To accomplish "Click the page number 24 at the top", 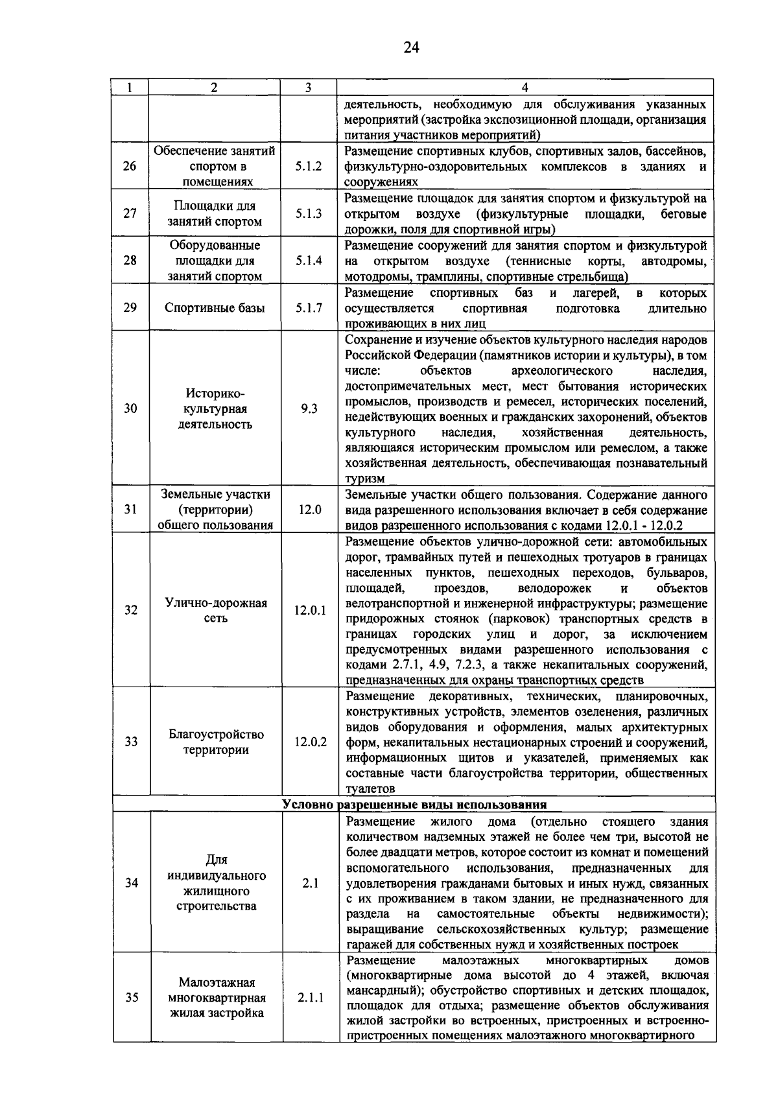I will coord(412,47).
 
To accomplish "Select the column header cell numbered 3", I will coord(308,88).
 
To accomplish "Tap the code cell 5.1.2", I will coord(309,167).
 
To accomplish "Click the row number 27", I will coord(130,213).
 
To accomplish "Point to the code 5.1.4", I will coord(309,261).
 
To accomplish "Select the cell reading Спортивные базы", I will coord(215,308).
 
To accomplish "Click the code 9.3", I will coord(309,409).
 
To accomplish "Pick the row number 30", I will coord(130,409).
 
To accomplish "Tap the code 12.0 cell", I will coord(310,510).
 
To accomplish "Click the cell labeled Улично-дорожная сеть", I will coord(216,610).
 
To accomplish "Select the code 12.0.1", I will coord(310,610).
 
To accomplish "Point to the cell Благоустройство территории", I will coord(216,742).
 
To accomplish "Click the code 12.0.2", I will coord(311,742).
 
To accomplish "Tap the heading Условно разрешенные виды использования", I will coord(414,805).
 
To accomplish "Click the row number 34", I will coord(132,883).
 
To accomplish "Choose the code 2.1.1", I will coord(311,998).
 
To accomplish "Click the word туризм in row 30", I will coord(365,479).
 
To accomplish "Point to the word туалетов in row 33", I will coord(370,789).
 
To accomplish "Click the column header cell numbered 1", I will coord(130,88).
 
